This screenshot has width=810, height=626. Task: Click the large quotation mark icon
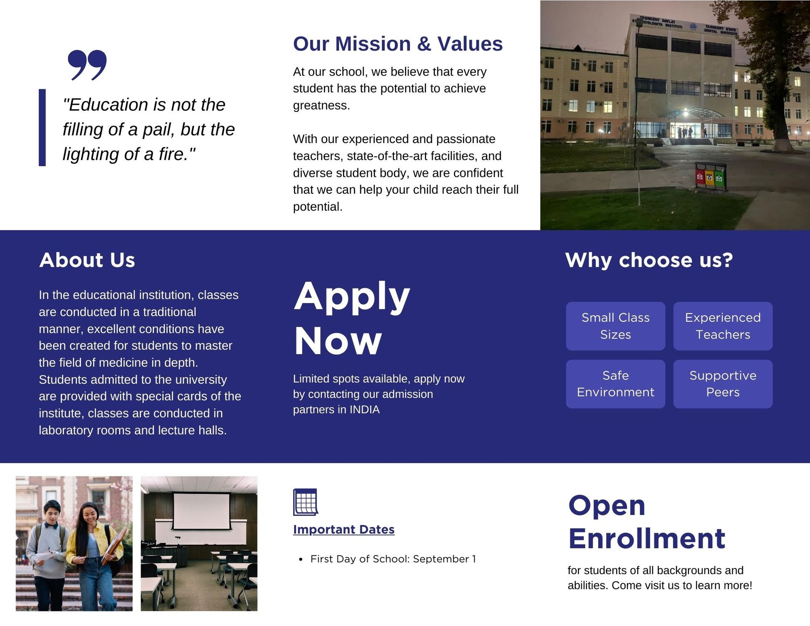(x=87, y=65)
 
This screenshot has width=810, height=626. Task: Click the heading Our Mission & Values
(x=398, y=44)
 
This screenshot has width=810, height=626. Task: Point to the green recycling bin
(x=720, y=178)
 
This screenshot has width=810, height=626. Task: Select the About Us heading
(x=87, y=260)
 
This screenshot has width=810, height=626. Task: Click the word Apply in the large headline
(x=352, y=297)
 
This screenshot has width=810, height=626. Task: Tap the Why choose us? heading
(x=649, y=260)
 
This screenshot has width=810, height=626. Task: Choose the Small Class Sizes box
(x=616, y=326)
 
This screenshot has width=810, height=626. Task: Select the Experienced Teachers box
(x=723, y=326)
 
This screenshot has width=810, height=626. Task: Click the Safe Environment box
(x=616, y=384)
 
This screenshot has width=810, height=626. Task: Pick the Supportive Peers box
(x=723, y=384)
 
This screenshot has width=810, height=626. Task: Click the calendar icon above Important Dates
(x=305, y=502)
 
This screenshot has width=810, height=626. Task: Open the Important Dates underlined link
(x=344, y=529)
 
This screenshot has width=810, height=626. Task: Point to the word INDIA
(x=364, y=409)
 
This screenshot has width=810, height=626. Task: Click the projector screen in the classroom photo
(x=202, y=511)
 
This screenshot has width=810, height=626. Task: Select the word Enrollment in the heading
(x=647, y=539)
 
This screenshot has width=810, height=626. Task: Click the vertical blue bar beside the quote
(x=42, y=127)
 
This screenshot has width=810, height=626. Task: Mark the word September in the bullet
(x=441, y=559)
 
